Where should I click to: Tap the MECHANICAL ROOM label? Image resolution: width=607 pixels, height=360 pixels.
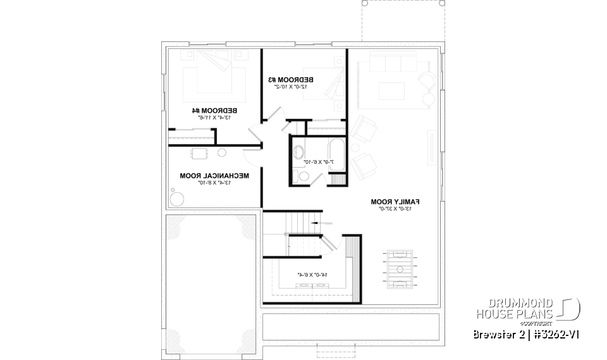click(214, 175)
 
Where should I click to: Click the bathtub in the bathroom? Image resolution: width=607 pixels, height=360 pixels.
click(336, 153)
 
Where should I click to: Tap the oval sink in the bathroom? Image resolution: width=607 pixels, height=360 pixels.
click(298, 152)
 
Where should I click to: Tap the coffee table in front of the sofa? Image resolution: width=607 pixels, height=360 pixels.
click(392, 90)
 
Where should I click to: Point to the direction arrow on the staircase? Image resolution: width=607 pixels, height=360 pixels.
click(322, 223)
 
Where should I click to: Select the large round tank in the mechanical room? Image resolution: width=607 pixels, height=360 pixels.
click(178, 197)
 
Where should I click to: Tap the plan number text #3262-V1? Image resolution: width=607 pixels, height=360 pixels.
click(553, 334)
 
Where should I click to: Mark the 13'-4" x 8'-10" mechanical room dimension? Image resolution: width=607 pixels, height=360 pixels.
click(214, 182)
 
